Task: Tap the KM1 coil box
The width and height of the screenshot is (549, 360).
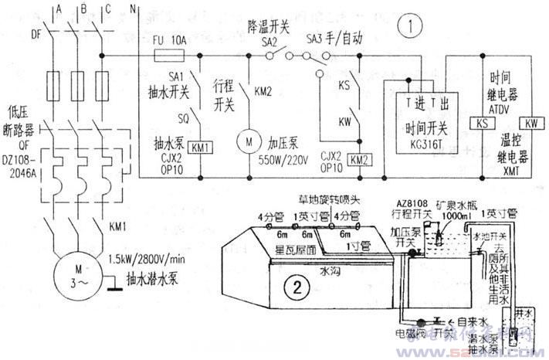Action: (202, 147)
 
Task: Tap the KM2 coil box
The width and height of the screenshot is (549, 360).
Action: (358, 159)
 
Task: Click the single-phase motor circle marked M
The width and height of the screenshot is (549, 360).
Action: (249, 142)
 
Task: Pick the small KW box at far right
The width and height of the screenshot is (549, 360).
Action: (531, 124)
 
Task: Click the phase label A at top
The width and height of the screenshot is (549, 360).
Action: (58, 8)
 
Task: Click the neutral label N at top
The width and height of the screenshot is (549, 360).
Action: (133, 8)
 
